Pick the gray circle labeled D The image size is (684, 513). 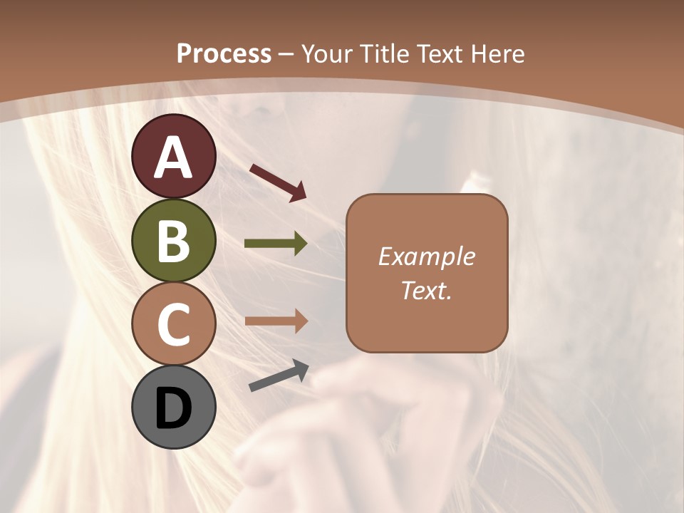click(174, 408)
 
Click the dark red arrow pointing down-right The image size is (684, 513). click(279, 182)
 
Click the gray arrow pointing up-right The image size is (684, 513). click(279, 376)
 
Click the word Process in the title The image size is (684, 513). click(224, 53)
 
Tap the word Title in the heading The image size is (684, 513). click(385, 53)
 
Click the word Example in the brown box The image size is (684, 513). click(426, 256)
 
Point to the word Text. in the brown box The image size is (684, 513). click(426, 290)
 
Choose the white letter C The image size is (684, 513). click(174, 324)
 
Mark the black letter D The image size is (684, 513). click(174, 408)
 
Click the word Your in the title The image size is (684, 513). click(327, 53)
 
